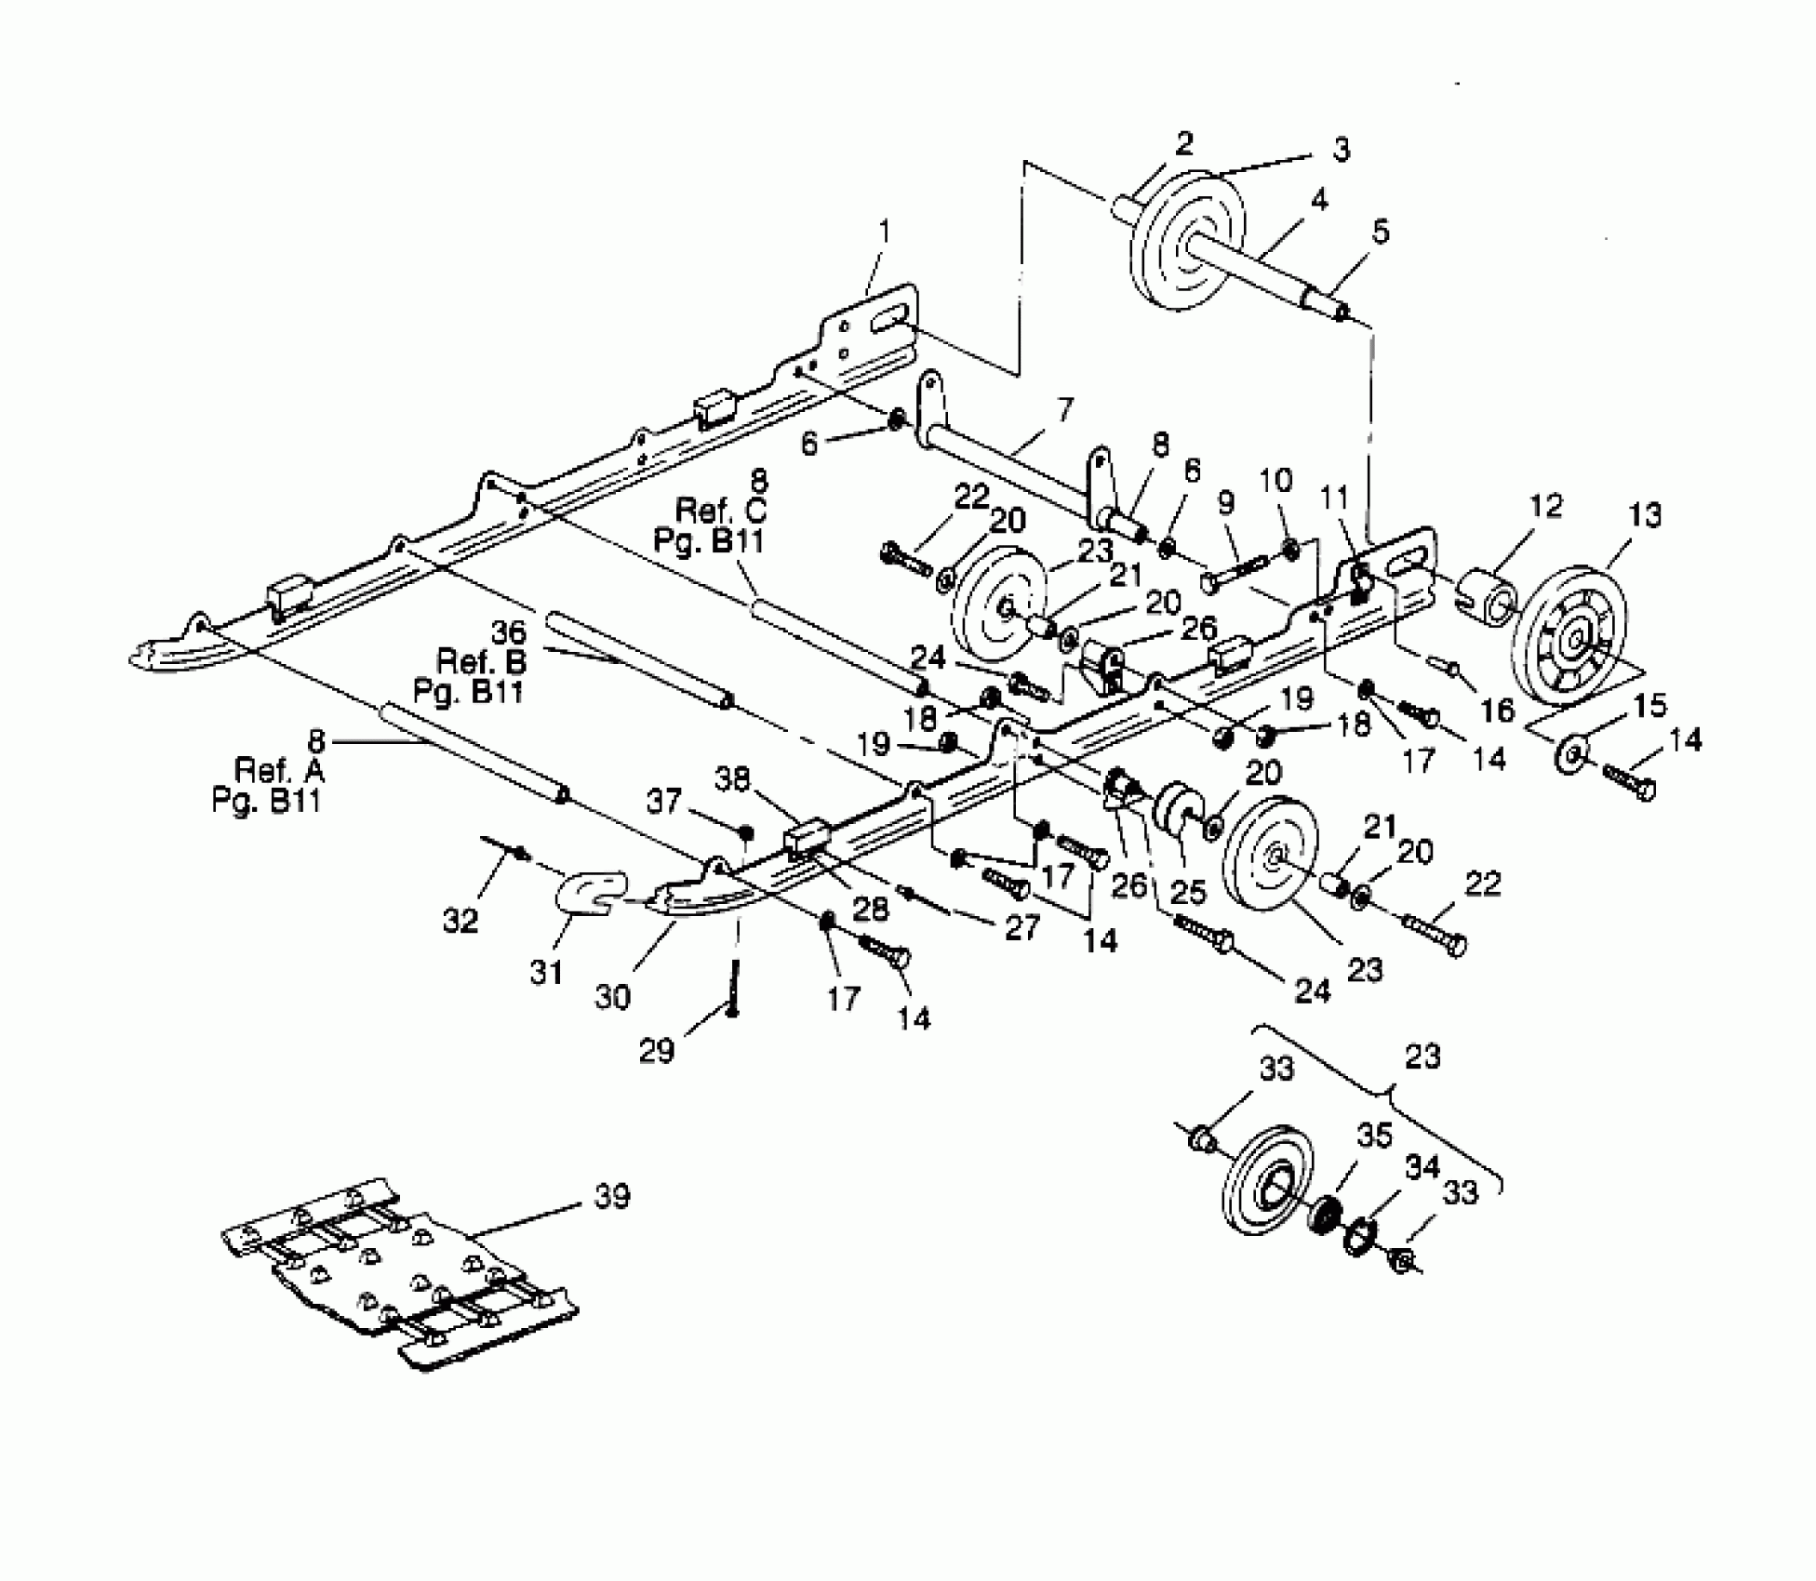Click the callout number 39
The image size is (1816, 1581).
[612, 1196]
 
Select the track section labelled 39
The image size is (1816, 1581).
[400, 1274]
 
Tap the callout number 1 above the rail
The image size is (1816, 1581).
[884, 230]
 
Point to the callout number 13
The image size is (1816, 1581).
[1644, 515]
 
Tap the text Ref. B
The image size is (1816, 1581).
[481, 662]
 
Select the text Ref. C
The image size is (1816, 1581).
[721, 511]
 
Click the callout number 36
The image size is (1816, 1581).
[508, 633]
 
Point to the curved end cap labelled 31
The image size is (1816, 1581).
[590, 897]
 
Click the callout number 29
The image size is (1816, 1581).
[657, 1051]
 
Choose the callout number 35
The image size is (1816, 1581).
[1373, 1136]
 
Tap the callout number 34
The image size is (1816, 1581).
[1422, 1166]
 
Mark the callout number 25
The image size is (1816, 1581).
[1187, 891]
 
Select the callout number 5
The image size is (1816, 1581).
[1380, 232]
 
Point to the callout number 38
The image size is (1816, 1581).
[732, 778]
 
